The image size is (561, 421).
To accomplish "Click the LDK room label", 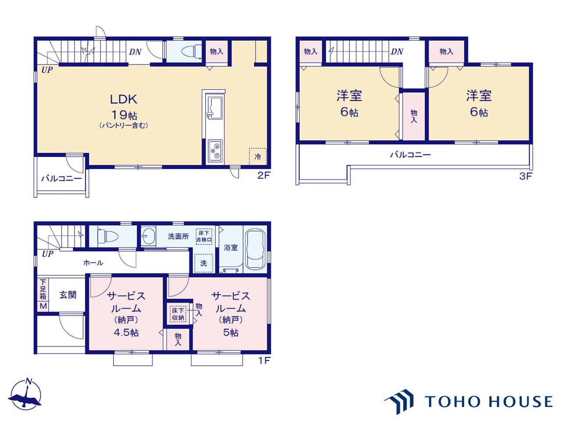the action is coord(124,99).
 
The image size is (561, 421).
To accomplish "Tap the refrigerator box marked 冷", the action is coord(258,157).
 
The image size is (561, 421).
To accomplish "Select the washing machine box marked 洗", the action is coord(203,263).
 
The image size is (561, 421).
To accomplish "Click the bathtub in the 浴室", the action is coord(255,249).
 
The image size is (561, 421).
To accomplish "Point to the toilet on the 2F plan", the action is coord(191,51).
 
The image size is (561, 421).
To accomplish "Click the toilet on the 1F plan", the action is coord(108,235).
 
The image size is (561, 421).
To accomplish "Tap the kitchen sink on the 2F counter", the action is coord(216,108).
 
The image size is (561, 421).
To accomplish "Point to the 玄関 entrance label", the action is coord(68,295).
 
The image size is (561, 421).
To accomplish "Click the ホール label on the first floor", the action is coord(93,263).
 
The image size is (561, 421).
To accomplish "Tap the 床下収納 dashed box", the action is coord(178,314).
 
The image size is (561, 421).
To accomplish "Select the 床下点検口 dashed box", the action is coord(204,236).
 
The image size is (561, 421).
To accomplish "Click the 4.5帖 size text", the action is coord(126,332).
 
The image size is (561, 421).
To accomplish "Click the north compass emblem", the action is coord(25,395).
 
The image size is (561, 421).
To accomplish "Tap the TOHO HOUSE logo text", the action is coord(488,402).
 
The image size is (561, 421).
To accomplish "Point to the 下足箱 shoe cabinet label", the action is coord(43,289).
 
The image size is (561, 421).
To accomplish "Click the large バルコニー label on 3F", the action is coord(410,155).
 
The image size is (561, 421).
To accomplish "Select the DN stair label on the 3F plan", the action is coord(397,52).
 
